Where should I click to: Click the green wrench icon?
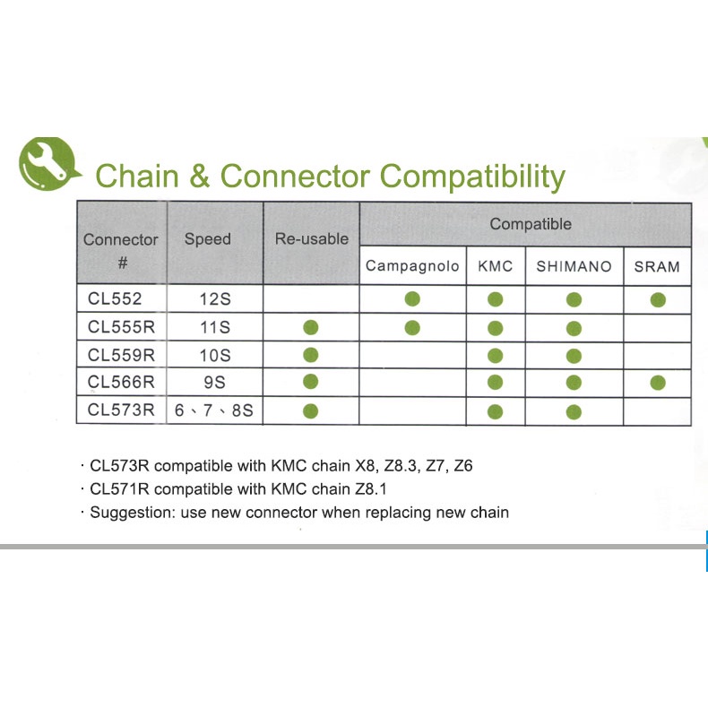(48, 163)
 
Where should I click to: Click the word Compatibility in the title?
(471, 176)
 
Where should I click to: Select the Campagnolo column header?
(412, 266)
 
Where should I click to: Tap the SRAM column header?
(657, 267)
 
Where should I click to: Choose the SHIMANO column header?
(574, 266)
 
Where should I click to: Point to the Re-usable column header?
(312, 239)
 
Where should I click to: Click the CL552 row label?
(115, 299)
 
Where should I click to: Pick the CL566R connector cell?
(121, 383)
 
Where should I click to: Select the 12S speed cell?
(215, 299)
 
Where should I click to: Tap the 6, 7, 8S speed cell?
(214, 410)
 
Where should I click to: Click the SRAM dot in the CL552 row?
(658, 300)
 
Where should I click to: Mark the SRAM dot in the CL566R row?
(658, 383)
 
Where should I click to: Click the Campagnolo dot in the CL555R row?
(412, 328)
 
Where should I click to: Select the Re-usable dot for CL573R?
(311, 410)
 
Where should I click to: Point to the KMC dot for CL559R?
(496, 356)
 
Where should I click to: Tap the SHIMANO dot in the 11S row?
(574, 328)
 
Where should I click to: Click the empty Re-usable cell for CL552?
(311, 299)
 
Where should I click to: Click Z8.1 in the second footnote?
(371, 489)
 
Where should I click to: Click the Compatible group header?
(531, 224)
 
